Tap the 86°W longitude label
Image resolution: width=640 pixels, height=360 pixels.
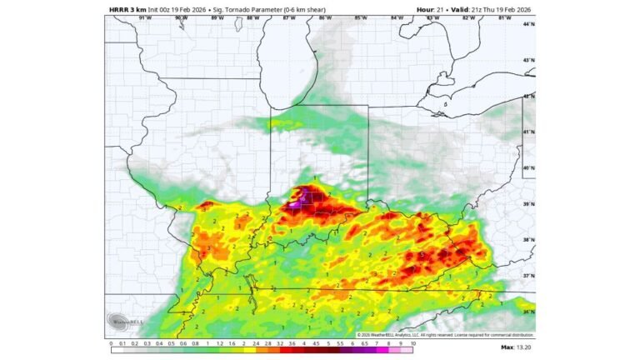(x=324, y=17)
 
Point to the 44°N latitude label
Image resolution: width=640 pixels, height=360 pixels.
(x=528, y=24)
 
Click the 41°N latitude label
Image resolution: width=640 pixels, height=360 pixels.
(x=528, y=132)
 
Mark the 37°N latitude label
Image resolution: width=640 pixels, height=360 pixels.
(x=528, y=275)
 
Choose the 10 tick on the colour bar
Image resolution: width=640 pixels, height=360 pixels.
(x=412, y=342)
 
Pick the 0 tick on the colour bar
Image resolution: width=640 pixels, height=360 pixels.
(x=111, y=342)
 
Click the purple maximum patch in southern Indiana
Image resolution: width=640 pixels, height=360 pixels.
(x=302, y=198)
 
